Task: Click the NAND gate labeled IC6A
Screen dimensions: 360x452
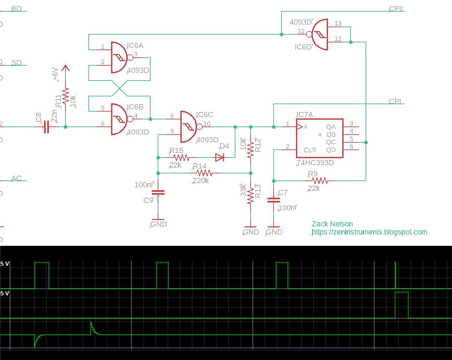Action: (x=120, y=58)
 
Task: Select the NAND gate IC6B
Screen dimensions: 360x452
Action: (x=120, y=119)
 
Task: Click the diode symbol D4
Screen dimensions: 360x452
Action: (x=220, y=158)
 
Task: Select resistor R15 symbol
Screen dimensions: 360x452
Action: (x=181, y=158)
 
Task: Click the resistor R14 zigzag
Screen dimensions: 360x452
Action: (x=204, y=173)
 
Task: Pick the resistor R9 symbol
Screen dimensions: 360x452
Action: (x=320, y=181)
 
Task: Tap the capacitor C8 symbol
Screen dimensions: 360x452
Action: (x=46, y=127)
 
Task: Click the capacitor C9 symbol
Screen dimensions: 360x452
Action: (x=158, y=192)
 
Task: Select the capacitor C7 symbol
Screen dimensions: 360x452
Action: (x=274, y=200)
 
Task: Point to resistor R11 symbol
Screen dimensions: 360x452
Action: (x=65, y=96)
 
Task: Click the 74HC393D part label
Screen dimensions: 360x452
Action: (x=315, y=163)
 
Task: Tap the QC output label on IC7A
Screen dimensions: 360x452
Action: (x=331, y=142)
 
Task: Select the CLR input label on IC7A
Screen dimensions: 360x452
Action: (x=310, y=150)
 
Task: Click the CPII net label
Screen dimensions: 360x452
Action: (x=396, y=9)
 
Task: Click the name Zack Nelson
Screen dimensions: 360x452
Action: (x=332, y=224)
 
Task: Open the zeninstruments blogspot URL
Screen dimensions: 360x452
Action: (x=369, y=232)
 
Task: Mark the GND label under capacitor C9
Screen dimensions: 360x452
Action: (x=159, y=224)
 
